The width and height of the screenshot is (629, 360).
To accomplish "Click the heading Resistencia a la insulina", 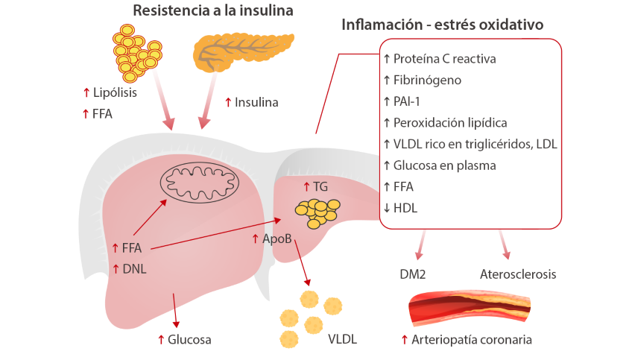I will click(x=212, y=11).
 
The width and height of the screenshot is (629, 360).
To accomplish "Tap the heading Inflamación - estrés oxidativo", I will click(x=442, y=25).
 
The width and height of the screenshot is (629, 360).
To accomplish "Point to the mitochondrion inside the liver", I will click(x=200, y=182).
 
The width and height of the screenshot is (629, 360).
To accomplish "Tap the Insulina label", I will click(x=256, y=101).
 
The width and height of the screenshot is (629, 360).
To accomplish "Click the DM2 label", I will click(x=412, y=274).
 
